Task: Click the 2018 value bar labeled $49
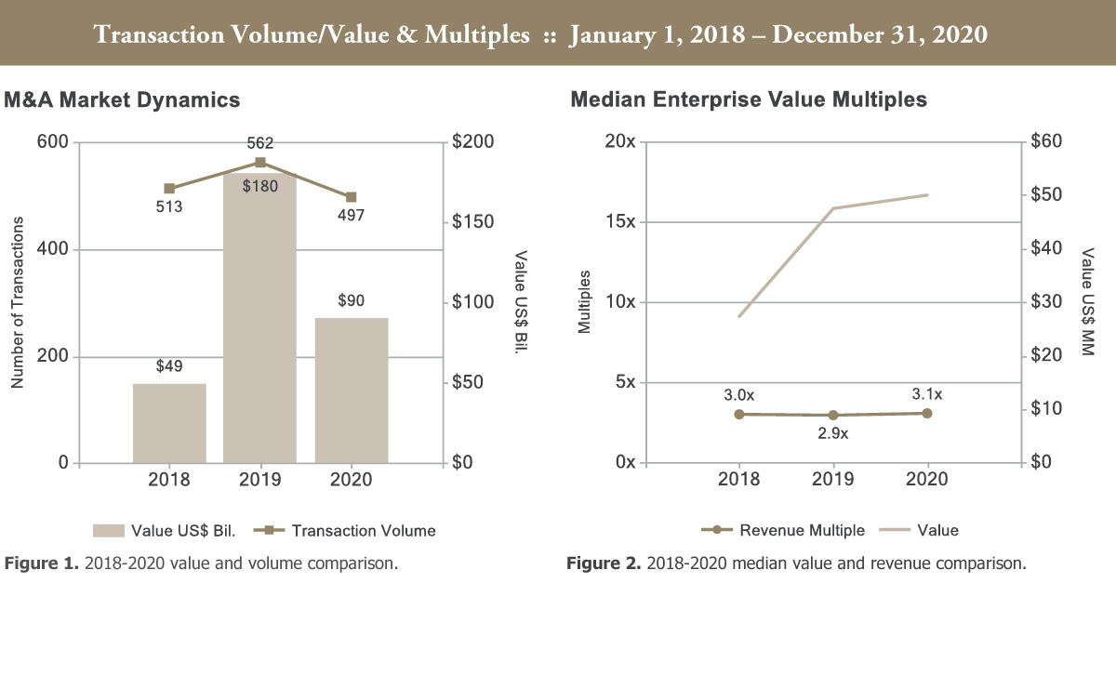(x=169, y=423)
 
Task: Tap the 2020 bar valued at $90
(x=351, y=391)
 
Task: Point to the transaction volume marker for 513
(x=169, y=189)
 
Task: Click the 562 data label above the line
(x=259, y=143)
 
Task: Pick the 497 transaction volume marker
(x=351, y=197)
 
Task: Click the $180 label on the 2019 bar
(x=259, y=186)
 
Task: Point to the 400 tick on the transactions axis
(x=54, y=250)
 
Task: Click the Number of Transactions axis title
(x=17, y=303)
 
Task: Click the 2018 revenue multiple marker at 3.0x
(x=739, y=414)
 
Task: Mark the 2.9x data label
(x=832, y=433)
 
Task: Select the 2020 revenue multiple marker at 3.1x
(x=927, y=413)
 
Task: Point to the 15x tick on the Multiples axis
(x=619, y=222)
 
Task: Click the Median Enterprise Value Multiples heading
(x=749, y=99)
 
